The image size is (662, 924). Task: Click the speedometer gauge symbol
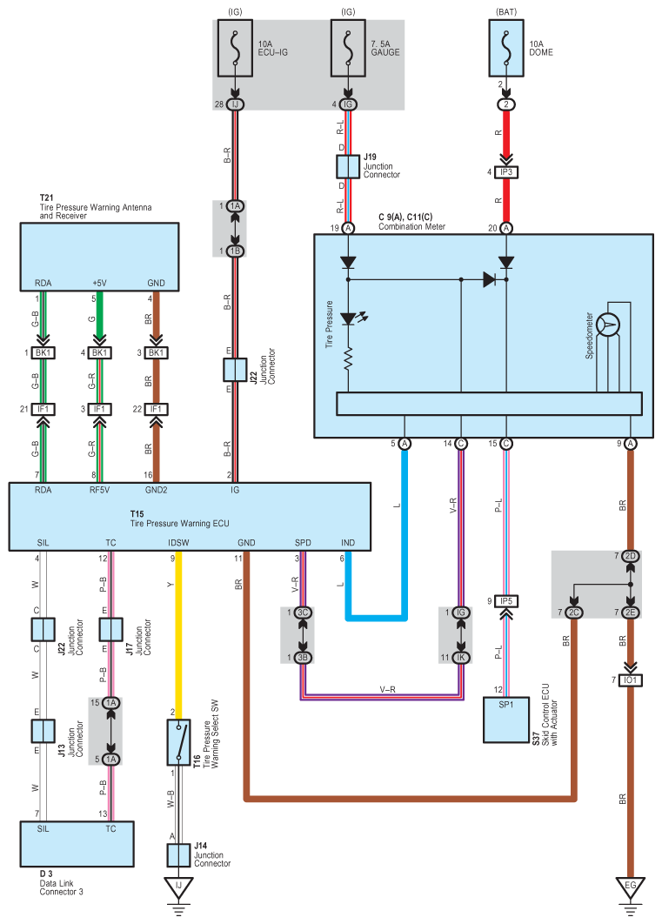[609, 325]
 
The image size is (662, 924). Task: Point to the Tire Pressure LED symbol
[348, 320]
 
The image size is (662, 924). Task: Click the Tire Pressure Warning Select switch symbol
[179, 741]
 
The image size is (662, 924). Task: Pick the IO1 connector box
[631, 680]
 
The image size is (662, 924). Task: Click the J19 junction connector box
[348, 166]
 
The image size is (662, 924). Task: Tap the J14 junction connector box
[179, 855]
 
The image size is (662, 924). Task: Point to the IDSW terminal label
[178, 542]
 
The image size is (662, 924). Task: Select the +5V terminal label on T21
[101, 283]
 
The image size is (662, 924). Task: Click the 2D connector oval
[631, 556]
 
